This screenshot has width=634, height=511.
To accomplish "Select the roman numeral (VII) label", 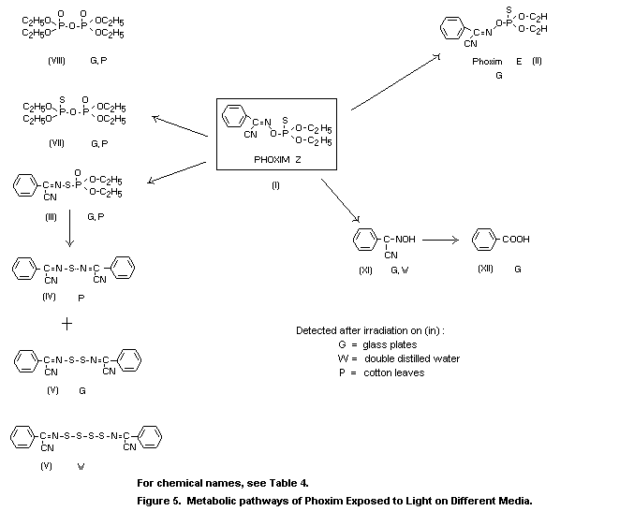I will tap(53, 143).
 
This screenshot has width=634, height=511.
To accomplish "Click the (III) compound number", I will tap(51, 216).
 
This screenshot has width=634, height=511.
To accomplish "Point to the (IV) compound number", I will tap(49, 297).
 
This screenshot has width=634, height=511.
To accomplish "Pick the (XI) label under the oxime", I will tap(366, 269).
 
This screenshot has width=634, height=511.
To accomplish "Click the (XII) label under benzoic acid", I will tap(484, 269).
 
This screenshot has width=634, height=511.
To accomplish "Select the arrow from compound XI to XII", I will tap(440, 241).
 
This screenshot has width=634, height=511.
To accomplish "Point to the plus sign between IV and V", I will tap(66, 324).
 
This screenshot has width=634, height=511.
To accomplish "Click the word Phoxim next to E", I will tap(487, 61).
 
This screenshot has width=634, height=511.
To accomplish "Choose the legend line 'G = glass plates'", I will tap(376, 344).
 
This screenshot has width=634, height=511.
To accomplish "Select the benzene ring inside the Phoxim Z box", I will tap(234, 119).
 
